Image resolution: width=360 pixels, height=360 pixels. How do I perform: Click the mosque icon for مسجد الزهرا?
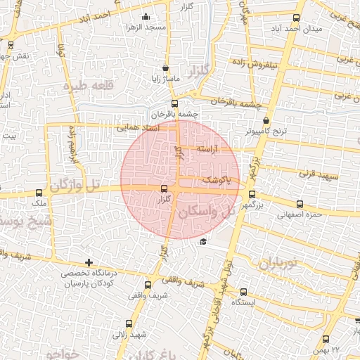click(x=146, y=16)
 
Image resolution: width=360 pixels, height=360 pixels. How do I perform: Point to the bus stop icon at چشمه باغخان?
click(x=174, y=104)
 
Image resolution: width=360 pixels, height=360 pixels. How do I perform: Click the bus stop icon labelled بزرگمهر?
click(x=252, y=195)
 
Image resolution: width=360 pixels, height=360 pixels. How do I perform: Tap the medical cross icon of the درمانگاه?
click(x=88, y=262)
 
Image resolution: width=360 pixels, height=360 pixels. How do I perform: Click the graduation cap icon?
click(x=203, y=242)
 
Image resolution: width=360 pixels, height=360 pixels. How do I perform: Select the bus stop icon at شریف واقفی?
click(x=148, y=285)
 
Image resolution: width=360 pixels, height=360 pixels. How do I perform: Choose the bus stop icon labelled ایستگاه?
click(x=243, y=292)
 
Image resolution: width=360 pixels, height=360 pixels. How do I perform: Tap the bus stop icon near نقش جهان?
click(x=11, y=44)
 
